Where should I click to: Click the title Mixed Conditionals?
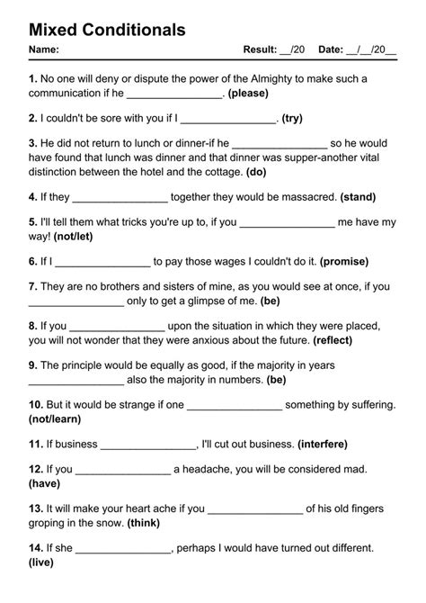click(x=107, y=30)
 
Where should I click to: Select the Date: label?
click(x=334, y=49)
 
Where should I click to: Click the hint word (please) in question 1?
click(x=257, y=94)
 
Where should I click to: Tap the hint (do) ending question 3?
click(x=255, y=172)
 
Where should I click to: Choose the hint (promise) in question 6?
click(x=344, y=262)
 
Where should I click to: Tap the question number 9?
click(x=33, y=365)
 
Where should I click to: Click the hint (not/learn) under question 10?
click(x=56, y=419)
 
